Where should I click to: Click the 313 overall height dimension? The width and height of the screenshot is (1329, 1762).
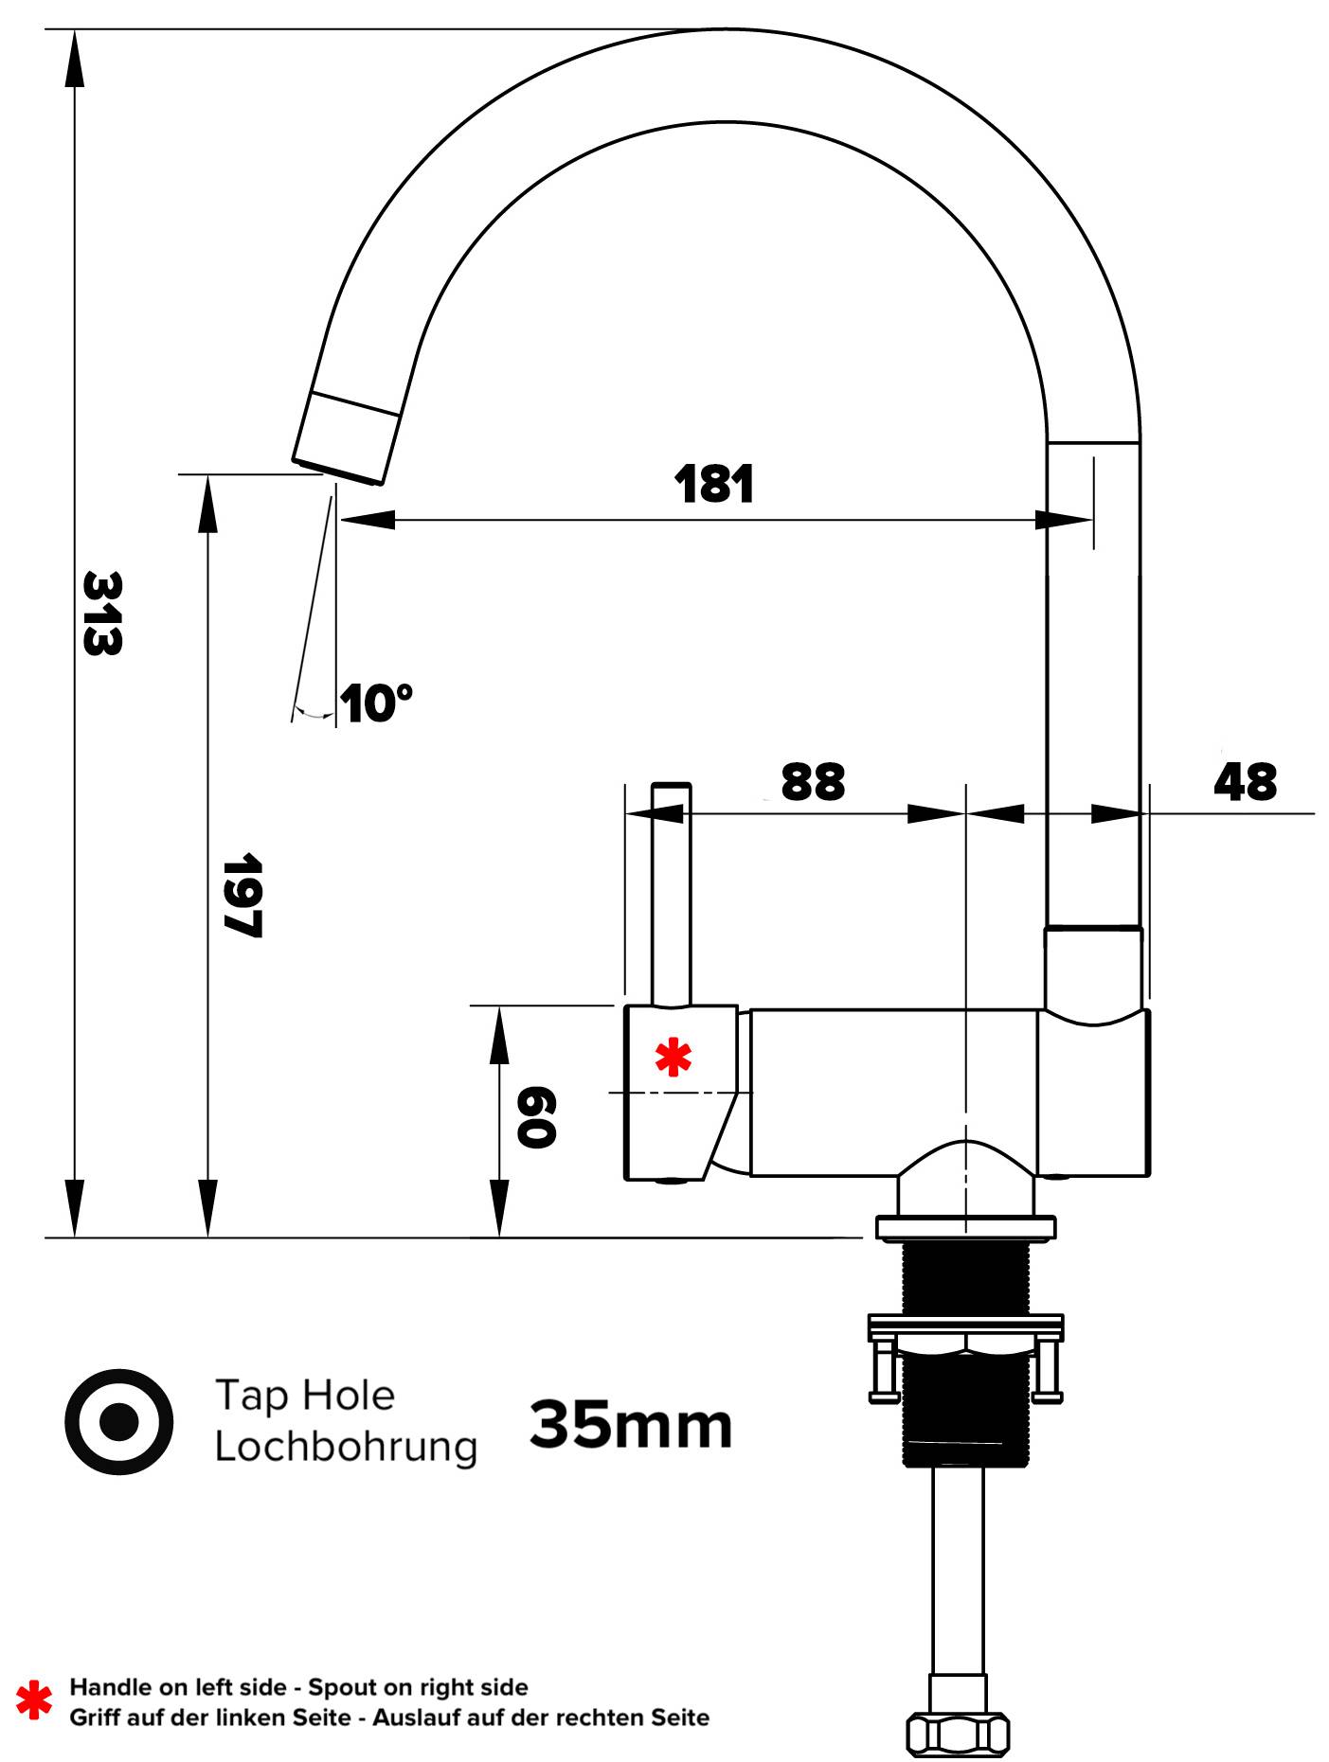tap(102, 613)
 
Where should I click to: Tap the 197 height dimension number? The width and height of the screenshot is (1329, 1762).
tap(242, 895)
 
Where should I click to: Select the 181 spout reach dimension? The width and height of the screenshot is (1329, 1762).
tap(714, 484)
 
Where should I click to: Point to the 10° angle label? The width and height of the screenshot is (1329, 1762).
tap(376, 703)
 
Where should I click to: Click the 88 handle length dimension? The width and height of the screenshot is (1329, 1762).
tap(813, 782)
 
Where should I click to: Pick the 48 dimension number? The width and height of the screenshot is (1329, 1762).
tap(1245, 782)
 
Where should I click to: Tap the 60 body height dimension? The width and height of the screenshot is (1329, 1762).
tap(536, 1117)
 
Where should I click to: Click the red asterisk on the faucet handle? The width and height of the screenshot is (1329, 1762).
tap(673, 1057)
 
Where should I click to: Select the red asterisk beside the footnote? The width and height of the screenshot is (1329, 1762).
tap(34, 1700)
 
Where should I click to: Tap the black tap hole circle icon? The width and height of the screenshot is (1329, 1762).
tap(119, 1421)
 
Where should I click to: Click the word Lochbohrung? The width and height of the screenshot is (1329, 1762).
tap(346, 1448)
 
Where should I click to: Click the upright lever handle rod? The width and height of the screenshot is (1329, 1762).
tap(671, 890)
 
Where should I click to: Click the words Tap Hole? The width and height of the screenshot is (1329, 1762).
tap(304, 1396)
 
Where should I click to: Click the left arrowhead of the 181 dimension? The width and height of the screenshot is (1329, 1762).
tap(365, 520)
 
